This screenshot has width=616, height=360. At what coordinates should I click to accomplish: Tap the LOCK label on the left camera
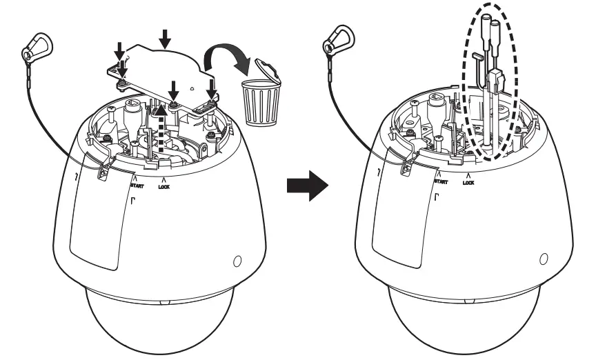pyautogui.click(x=163, y=185)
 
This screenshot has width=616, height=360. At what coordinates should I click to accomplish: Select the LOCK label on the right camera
pyautogui.click(x=468, y=183)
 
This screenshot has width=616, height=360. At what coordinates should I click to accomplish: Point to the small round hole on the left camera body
pyautogui.click(x=237, y=261)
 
